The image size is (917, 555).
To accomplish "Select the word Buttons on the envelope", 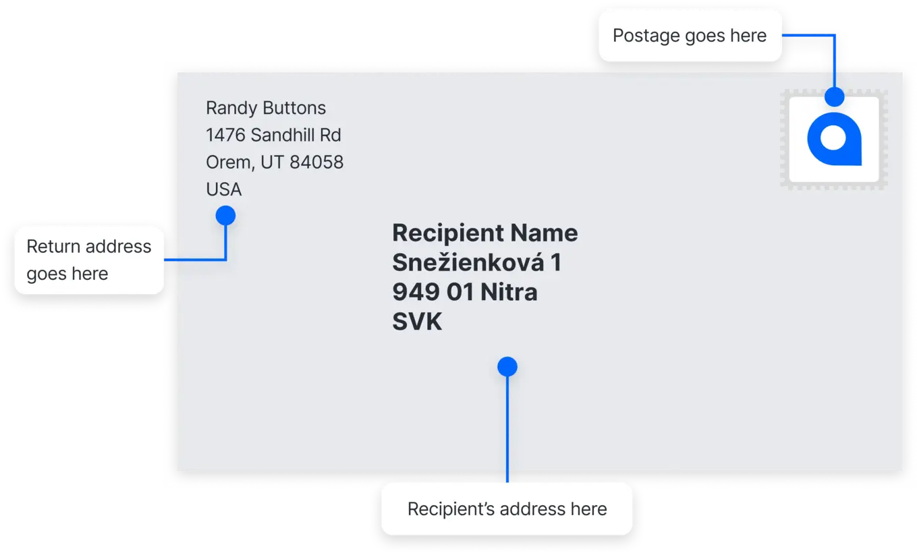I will [294, 108].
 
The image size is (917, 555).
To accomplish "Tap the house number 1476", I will [226, 135].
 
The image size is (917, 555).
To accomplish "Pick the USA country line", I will [223, 189].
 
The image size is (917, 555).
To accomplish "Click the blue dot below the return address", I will [225, 216].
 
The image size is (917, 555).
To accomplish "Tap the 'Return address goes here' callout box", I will [89, 260].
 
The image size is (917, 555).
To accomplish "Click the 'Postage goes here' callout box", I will [690, 36].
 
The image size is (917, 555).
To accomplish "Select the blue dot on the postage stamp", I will [835, 96].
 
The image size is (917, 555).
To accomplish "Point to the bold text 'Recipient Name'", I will [484, 233].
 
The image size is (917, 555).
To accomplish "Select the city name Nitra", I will [509, 293].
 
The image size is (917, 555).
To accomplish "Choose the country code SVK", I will [417, 322].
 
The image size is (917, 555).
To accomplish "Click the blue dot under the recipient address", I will [507, 367].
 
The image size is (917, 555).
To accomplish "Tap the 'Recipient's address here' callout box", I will [507, 508].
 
